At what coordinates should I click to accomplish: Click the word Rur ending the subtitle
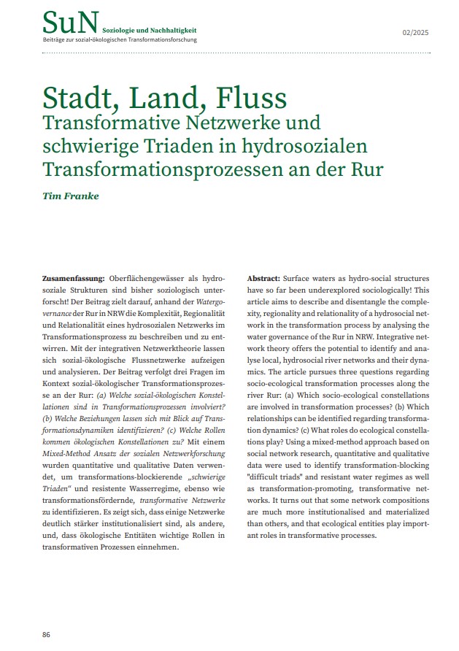click(x=366, y=169)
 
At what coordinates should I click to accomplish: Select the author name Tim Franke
click(x=74, y=196)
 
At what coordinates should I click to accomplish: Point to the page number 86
click(x=46, y=635)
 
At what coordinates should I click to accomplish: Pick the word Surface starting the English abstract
click(x=297, y=280)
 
